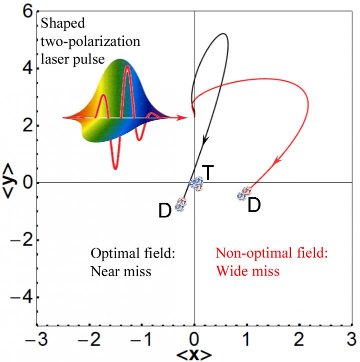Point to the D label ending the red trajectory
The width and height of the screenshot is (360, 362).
254,205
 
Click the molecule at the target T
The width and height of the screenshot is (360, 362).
196,183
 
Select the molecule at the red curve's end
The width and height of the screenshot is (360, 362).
244,193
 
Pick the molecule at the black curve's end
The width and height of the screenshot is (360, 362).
180,204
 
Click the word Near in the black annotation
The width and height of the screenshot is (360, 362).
104,272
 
